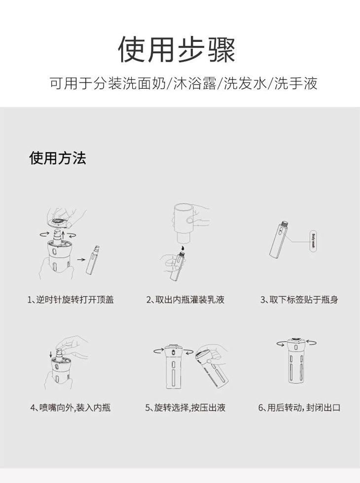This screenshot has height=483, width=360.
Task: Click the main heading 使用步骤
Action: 177,50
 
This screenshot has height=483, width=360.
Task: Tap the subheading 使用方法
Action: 58,158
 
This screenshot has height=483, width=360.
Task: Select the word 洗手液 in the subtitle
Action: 296,83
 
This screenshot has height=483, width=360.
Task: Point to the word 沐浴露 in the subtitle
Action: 195,83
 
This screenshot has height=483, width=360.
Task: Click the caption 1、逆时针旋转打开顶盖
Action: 71,300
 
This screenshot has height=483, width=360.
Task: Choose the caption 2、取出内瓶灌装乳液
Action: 185,300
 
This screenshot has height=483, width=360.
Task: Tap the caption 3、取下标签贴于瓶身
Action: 299,300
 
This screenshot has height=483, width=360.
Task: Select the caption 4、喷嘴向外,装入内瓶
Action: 71,408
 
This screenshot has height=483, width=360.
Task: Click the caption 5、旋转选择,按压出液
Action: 185,408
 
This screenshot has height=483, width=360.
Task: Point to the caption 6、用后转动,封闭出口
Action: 299,408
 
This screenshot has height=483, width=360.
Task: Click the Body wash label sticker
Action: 314,241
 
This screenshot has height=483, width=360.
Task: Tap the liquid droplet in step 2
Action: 182,247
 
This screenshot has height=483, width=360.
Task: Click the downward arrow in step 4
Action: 51,354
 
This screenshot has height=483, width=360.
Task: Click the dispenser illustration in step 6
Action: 296,360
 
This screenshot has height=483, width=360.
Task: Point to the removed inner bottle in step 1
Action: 93,260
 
